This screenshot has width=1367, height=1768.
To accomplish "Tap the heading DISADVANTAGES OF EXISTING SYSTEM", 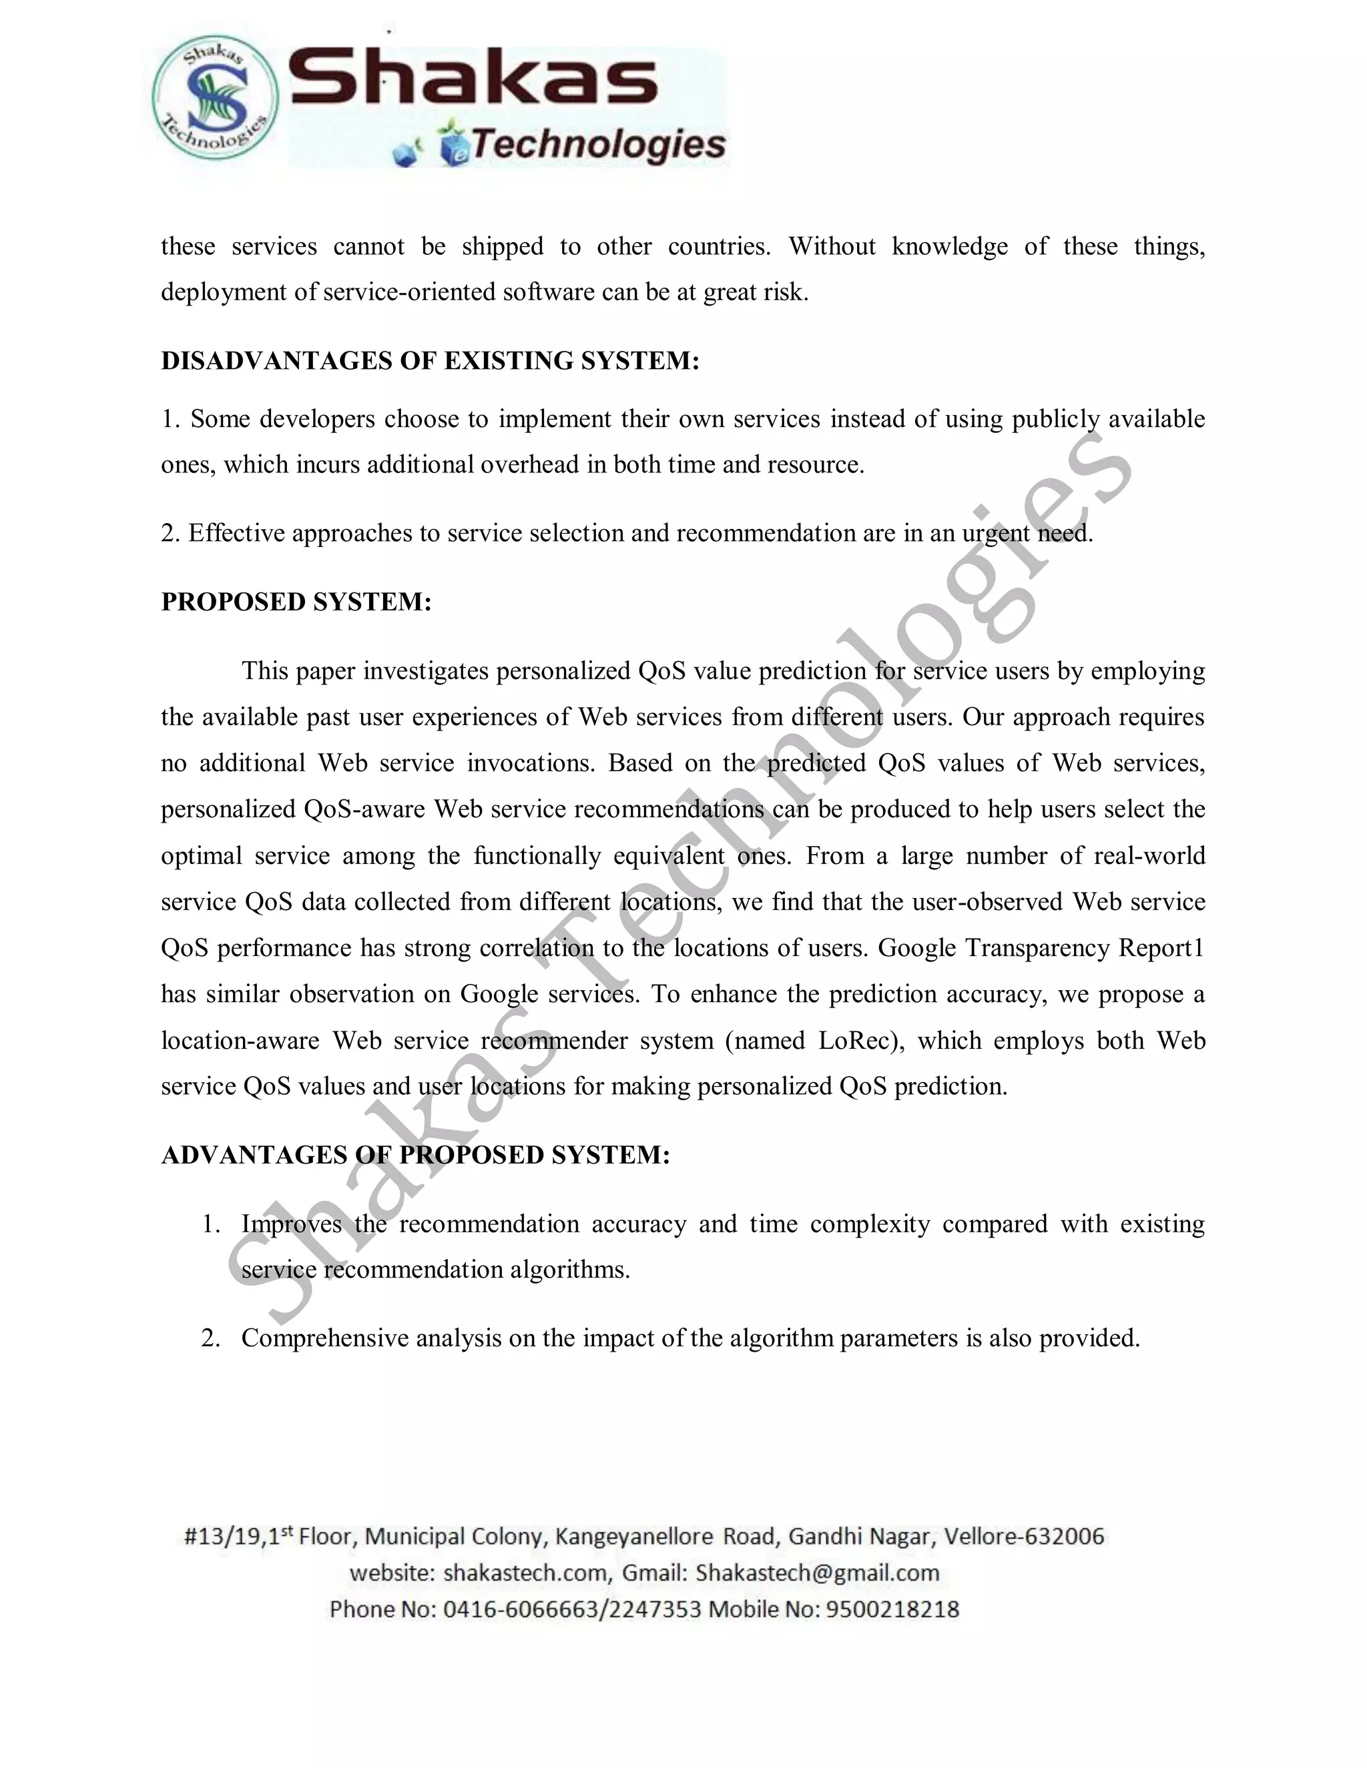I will (x=429, y=361).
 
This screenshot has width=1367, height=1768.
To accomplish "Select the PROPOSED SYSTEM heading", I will (x=296, y=602).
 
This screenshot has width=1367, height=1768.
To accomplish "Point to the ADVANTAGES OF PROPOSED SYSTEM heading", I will (x=415, y=1155).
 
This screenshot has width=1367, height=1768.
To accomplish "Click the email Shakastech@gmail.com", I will (x=817, y=1573).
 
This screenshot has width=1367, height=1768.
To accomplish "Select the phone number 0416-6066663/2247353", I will (x=572, y=1609).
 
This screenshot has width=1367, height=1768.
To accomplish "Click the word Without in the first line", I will (x=832, y=246).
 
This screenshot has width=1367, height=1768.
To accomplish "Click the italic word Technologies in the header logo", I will (x=597, y=145).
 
